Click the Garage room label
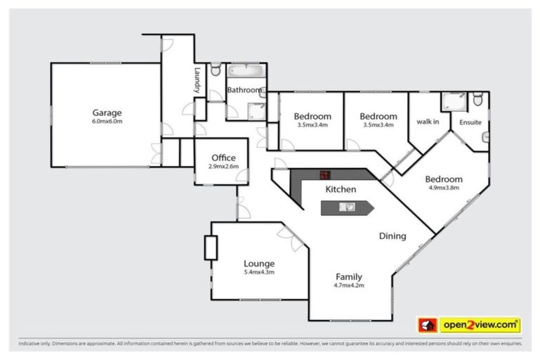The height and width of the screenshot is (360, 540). tap(107, 112)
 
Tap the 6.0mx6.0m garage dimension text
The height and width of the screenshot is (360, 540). tap(107, 121)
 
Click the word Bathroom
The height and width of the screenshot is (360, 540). tap(245, 90)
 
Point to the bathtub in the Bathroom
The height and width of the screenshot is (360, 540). tap(245, 72)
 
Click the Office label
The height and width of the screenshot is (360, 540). tap(223, 158)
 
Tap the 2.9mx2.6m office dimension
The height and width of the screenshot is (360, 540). tap(223, 167)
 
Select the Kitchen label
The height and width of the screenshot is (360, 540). tap(340, 189)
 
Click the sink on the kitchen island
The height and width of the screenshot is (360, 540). tap(347, 207)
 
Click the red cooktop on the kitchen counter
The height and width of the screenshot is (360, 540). tap(324, 175)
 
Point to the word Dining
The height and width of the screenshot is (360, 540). tap(392, 236)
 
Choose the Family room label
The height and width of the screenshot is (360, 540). tap(349, 276)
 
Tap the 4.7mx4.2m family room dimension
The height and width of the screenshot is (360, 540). tap(349, 285)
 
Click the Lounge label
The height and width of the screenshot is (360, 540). tap(259, 264)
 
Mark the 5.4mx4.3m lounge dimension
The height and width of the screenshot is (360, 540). tap(259, 272)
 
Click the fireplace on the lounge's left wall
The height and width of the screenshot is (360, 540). tap(210, 247)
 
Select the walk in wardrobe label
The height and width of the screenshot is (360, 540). tap(427, 122)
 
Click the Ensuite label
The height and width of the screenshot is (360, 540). tap(470, 122)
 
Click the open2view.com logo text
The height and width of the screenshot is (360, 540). tap(480, 325)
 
